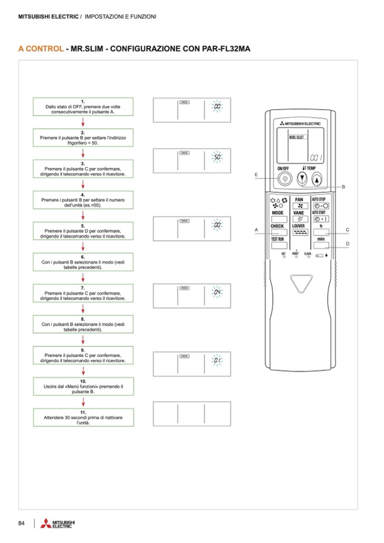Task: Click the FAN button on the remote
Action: [x=299, y=206]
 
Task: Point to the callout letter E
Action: [x=256, y=174]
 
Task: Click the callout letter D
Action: [x=347, y=243]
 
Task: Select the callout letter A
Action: [x=257, y=229]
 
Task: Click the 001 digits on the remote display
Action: [x=315, y=157]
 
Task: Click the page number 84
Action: [x=22, y=523]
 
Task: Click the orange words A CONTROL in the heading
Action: [x=41, y=49]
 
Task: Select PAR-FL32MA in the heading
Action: [x=222, y=49]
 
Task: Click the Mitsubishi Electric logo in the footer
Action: [x=57, y=524]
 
